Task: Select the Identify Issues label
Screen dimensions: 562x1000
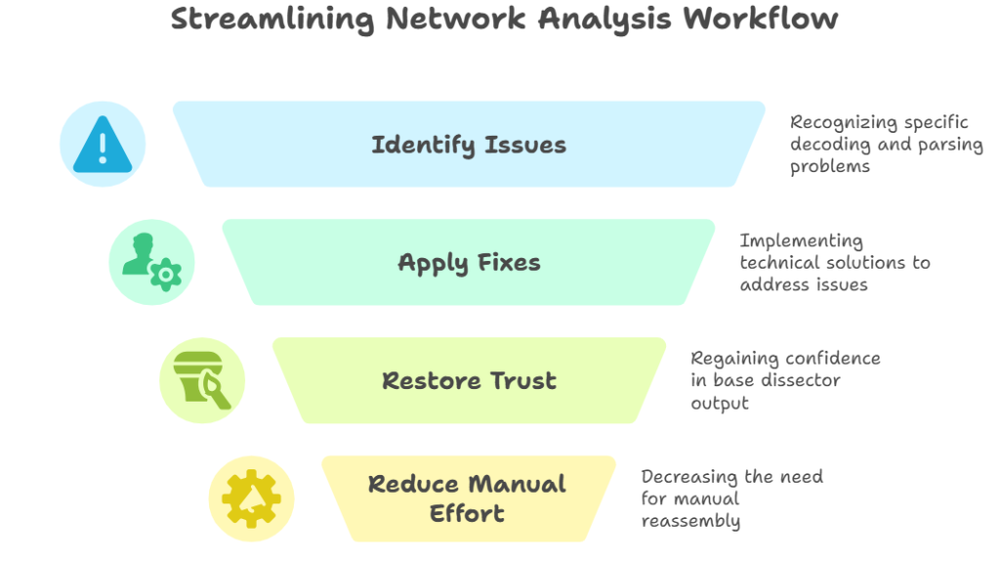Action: pos(469,145)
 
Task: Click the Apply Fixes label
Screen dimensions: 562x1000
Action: pos(469,262)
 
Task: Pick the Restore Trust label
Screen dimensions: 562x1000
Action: pos(469,380)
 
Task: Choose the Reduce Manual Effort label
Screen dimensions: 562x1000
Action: pos(467,498)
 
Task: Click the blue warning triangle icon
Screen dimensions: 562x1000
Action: pos(103,145)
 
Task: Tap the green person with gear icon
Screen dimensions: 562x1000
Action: pos(151,262)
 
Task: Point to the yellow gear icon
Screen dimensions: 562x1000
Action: pos(251,498)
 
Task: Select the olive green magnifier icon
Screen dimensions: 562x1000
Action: pos(202,380)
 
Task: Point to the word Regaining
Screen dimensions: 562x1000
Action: pos(732,358)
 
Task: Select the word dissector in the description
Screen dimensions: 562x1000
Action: pos(803,380)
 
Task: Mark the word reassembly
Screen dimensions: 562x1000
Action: pos(690,521)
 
